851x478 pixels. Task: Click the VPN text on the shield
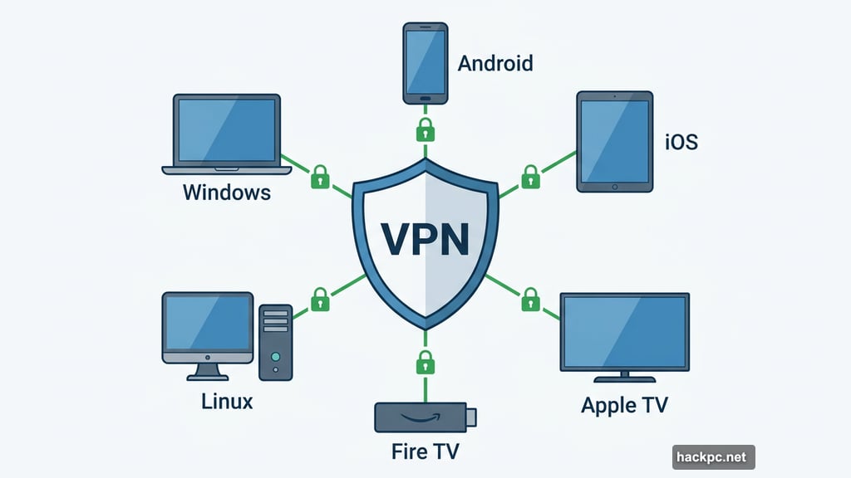[x=425, y=237]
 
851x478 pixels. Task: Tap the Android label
[x=495, y=63]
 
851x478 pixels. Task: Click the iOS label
[x=681, y=142]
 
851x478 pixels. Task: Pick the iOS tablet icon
[x=615, y=143]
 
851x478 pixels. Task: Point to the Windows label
[x=226, y=193]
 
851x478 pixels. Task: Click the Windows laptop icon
[x=227, y=134]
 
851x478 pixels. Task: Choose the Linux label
[x=227, y=402]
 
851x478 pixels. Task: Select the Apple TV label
[x=624, y=406]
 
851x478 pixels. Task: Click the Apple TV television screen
[x=624, y=332]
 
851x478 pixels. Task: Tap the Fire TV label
[x=425, y=452]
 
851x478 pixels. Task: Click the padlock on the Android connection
[x=425, y=129]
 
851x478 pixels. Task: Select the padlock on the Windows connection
[x=320, y=176]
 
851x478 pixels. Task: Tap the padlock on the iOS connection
[x=530, y=176]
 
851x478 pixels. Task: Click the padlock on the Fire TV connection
[x=425, y=362]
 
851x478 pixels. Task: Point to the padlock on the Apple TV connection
[x=530, y=300]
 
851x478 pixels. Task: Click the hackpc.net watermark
[x=713, y=456]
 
